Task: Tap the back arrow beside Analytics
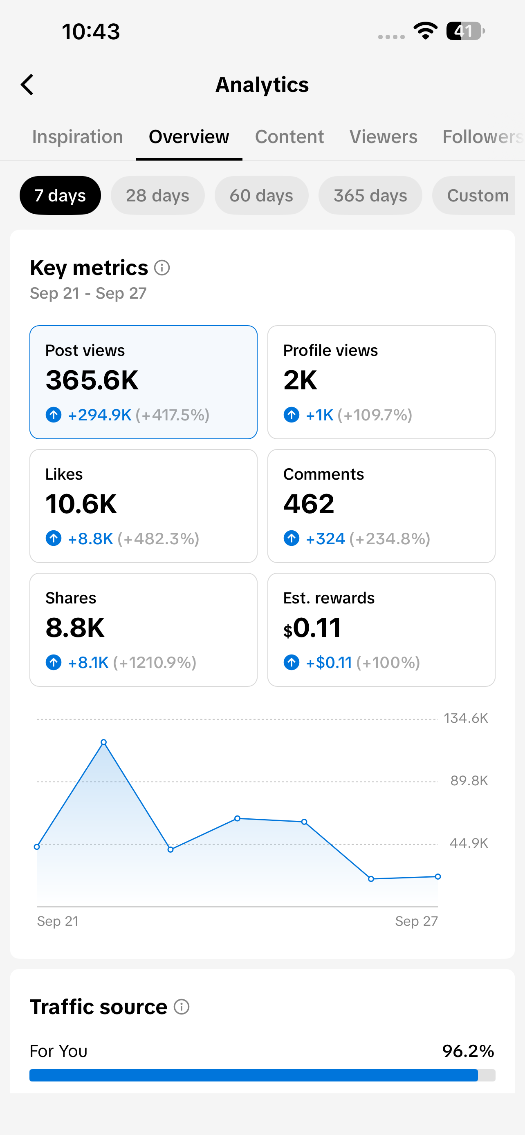pos(27,85)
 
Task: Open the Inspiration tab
pos(78,136)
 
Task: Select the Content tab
pos(289,136)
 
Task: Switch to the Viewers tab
pos(384,136)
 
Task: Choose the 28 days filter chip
pos(157,195)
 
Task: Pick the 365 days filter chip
pos(370,195)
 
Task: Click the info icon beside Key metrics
pos(162,268)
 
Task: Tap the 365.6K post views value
pos(92,380)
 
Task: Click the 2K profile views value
pos(300,380)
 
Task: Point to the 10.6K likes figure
pos(81,504)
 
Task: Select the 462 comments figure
pos(309,504)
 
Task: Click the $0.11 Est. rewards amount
pos(312,628)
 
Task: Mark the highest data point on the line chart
pos(103,742)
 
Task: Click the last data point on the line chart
pos(438,876)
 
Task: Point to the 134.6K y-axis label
pos(466,718)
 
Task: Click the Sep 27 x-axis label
pos(417,921)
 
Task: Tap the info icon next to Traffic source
pos(182,1007)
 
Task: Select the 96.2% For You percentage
pos(468,1051)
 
